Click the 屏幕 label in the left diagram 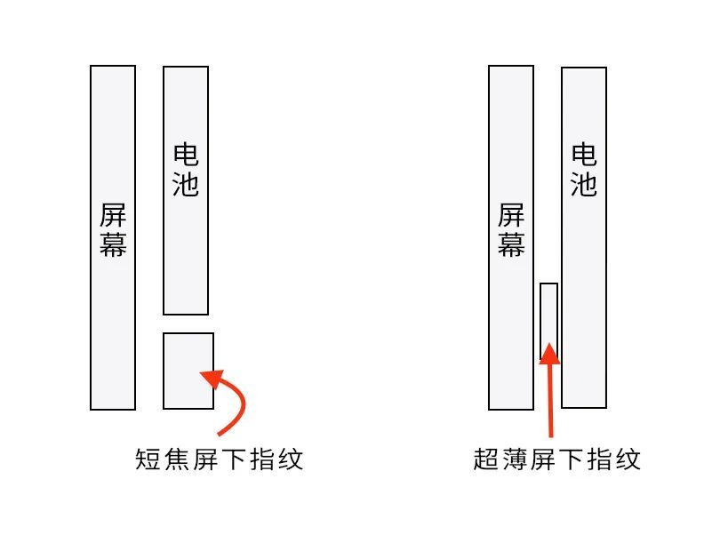pos(113,229)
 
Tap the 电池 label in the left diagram pos(186,171)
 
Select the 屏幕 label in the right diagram pos(511,229)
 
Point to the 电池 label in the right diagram pos(584,171)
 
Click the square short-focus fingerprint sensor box pos(188,371)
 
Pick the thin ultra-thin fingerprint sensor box pos(548,322)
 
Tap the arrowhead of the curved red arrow pos(212,378)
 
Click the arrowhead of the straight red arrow pos(549,354)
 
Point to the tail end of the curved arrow pos(219,435)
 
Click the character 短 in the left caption pos(148,459)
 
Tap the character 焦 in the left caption pos(177,459)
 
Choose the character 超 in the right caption pos(486,459)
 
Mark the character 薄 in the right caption pos(515,459)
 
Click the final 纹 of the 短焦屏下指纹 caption pos(291,459)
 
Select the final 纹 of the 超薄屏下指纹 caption pos(628,459)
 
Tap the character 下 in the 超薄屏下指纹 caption pos(572,459)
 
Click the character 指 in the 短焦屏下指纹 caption pos(263,459)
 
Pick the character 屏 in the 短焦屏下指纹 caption pos(205,459)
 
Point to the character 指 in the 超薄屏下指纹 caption pos(600,459)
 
